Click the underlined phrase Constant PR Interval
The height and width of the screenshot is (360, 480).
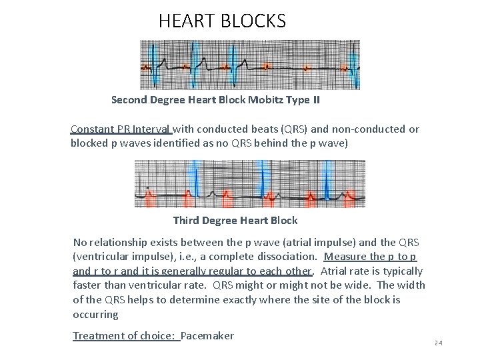click(x=121, y=129)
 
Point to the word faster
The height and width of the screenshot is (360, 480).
click(x=88, y=285)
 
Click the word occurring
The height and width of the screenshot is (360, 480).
click(x=96, y=314)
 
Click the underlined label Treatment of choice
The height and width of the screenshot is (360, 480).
click(x=125, y=335)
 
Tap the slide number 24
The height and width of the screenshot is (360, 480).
click(x=437, y=343)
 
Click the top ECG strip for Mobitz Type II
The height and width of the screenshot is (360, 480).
click(x=249, y=65)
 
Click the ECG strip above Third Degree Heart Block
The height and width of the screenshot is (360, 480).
click(x=249, y=183)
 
